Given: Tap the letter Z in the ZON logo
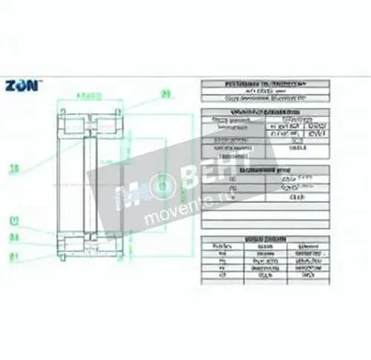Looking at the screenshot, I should pos(11,85).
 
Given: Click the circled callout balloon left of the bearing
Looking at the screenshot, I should pos(13,220).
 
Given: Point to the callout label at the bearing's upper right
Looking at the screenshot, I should pos(166,94).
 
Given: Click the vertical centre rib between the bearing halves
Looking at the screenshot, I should pos(90,182).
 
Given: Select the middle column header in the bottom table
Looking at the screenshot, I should pos(264,246).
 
